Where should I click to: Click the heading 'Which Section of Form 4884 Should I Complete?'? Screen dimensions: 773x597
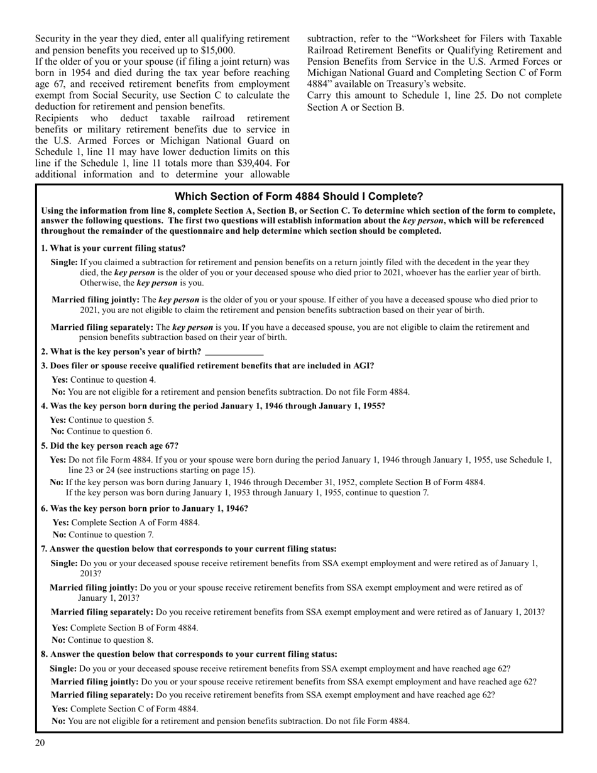click(298, 197)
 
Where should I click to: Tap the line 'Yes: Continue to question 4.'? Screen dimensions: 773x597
click(104, 380)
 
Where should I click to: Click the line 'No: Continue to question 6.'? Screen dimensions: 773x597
click(101, 431)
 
